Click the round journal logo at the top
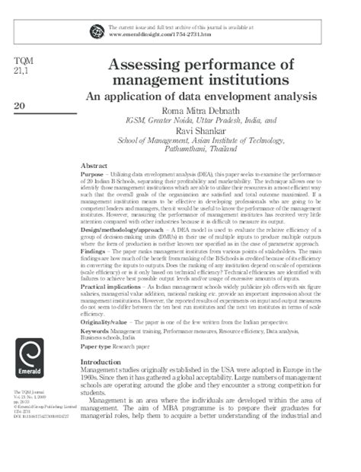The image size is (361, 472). [x=97, y=30]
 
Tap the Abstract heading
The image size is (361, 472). [x=94, y=166]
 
